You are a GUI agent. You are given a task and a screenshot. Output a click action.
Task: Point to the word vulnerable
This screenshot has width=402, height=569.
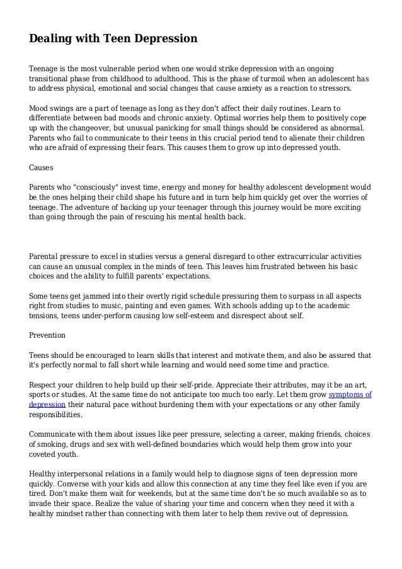coord(122,68)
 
